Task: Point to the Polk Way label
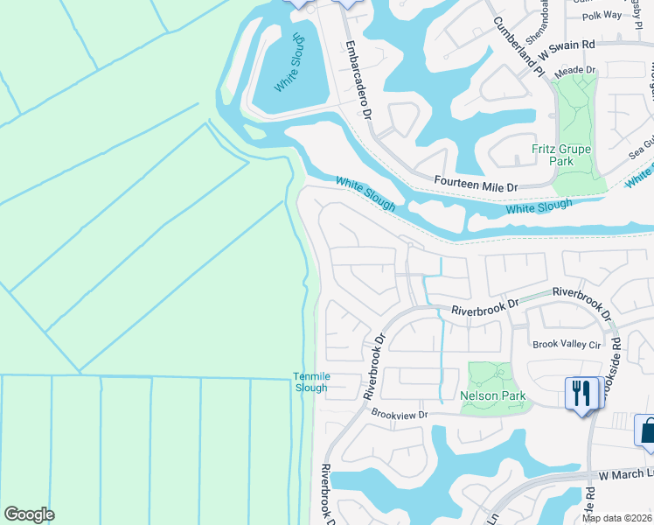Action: coord(602,16)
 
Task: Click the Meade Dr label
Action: coord(574,69)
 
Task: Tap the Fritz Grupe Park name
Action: coord(561,156)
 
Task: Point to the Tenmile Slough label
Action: coord(310,382)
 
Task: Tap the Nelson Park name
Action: coord(493,396)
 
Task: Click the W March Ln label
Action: coord(624,475)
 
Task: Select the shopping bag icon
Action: coord(648,431)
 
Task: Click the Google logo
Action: coord(29,514)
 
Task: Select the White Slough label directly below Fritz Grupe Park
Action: coord(539,207)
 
